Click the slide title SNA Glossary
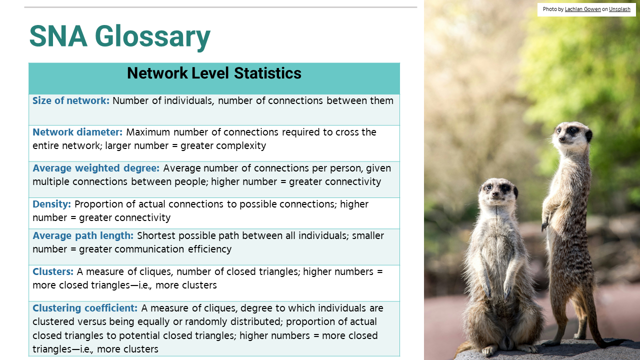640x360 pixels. [x=120, y=36]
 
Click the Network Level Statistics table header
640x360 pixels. [x=214, y=73]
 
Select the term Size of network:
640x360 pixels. [x=71, y=100]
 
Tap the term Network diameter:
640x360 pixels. [x=77, y=132]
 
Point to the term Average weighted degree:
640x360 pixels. [x=96, y=168]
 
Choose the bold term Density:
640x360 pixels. [x=51, y=204]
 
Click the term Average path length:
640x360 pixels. [x=83, y=235]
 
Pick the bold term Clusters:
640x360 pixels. [x=53, y=271]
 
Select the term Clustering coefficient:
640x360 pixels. [x=85, y=308]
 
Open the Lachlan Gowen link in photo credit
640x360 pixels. [x=583, y=9]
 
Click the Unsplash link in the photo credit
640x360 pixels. [x=619, y=9]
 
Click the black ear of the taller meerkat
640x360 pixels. [x=589, y=135]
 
